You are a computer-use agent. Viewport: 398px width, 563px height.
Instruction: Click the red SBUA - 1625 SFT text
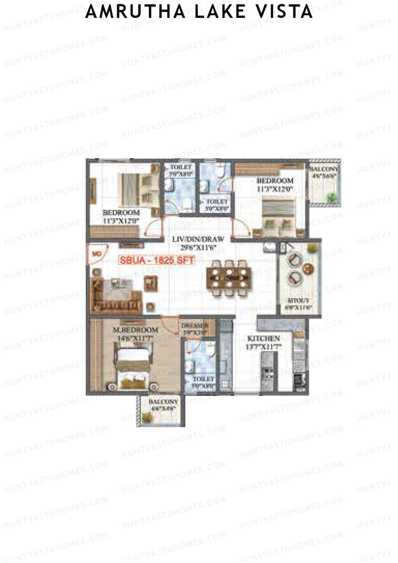(157, 260)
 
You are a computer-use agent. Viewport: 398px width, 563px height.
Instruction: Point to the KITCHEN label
(264, 339)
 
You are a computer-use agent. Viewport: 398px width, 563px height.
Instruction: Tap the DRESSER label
(195, 326)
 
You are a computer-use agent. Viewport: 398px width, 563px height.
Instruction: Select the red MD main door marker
(97, 254)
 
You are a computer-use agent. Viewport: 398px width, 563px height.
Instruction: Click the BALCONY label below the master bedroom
(163, 402)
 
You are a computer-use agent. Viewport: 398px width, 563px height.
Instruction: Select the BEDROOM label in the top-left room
(121, 212)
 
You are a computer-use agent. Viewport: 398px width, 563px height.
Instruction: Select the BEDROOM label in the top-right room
(275, 181)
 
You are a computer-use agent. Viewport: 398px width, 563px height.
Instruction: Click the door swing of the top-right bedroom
(240, 228)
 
